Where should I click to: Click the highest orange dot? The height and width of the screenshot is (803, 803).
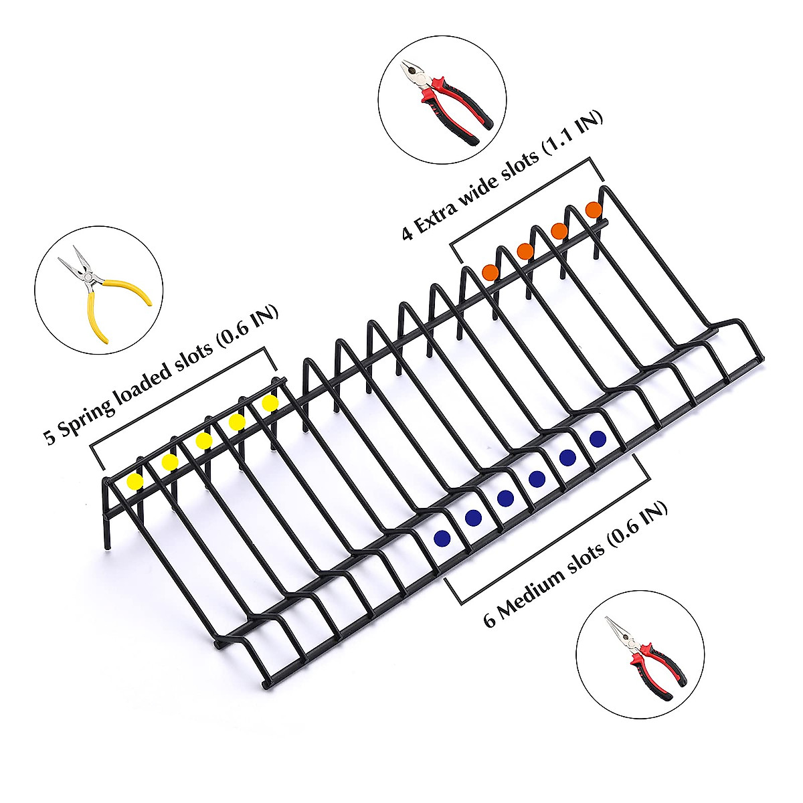[x=594, y=209]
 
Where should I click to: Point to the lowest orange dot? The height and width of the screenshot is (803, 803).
[x=490, y=272]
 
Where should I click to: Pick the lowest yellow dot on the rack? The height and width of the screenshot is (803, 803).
[x=136, y=481]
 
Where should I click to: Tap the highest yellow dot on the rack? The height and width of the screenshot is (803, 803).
[x=270, y=403]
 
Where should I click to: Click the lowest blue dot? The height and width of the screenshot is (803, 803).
[x=441, y=537]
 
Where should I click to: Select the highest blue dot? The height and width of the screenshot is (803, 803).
[x=598, y=439]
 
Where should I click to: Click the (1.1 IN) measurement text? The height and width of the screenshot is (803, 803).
[x=574, y=131]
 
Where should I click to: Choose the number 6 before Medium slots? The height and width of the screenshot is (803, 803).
[x=490, y=620]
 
